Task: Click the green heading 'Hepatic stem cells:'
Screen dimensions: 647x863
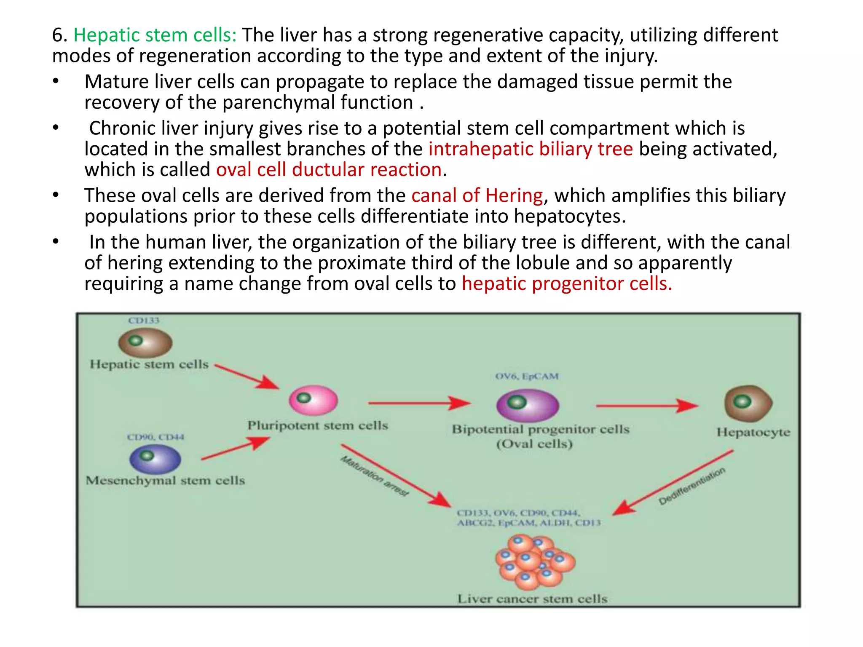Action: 155,35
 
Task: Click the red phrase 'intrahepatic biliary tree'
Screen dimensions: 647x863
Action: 531,149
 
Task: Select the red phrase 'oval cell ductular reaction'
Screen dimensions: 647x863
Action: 329,170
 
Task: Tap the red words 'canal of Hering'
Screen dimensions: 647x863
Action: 477,195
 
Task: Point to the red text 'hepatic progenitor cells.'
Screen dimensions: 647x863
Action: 567,283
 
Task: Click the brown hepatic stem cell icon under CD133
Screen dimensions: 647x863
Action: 145,342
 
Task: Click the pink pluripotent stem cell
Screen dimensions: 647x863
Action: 313,400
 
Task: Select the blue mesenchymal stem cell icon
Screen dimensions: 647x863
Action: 155,459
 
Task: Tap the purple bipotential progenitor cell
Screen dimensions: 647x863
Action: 527,405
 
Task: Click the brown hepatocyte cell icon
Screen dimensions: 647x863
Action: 748,404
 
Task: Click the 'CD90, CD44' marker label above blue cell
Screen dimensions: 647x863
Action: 155,437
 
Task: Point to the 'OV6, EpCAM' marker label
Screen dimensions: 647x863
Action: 527,376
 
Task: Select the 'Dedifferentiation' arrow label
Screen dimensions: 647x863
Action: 691,486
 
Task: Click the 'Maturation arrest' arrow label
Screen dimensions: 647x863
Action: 374,476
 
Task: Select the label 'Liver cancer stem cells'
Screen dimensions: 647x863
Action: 532,599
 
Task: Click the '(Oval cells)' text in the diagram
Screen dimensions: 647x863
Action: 534,444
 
